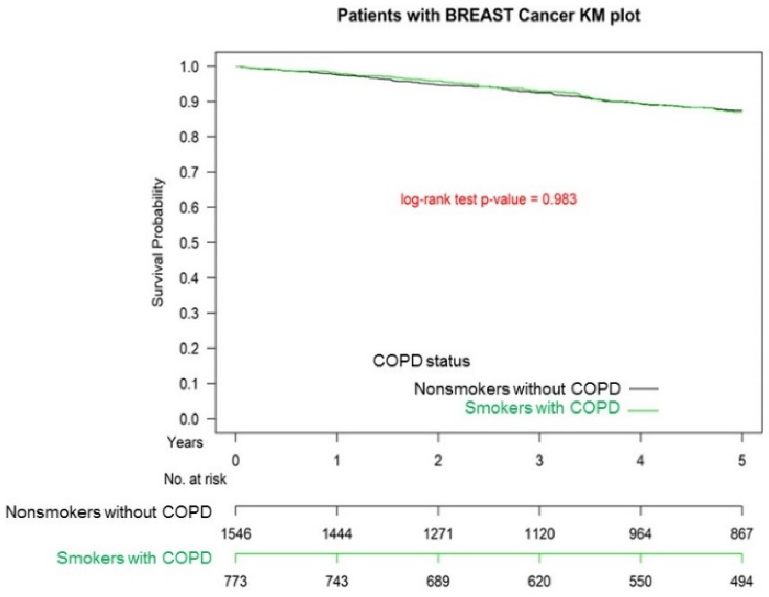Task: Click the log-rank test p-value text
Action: click(489, 199)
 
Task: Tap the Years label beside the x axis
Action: click(185, 442)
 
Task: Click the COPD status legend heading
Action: click(421, 361)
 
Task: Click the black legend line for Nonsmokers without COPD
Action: click(644, 389)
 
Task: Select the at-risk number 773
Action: click(236, 581)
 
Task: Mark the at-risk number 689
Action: click(438, 581)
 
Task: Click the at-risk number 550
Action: click(640, 581)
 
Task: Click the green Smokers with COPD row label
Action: click(134, 558)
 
